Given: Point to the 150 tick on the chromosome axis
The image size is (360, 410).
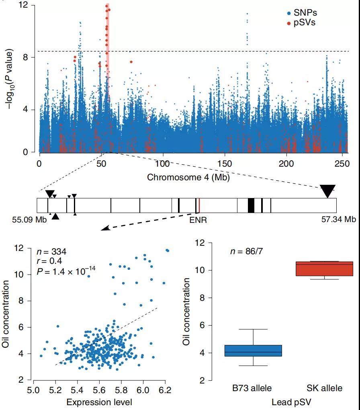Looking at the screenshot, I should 225,163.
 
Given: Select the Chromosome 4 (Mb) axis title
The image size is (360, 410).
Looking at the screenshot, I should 188,177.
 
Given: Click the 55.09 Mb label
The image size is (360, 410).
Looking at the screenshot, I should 29,219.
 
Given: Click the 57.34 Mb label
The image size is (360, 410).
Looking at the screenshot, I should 338,219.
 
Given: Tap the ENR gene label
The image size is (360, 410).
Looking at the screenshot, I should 198,220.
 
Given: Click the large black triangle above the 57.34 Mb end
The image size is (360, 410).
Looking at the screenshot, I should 328,191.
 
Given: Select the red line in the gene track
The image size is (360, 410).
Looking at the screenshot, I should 199,205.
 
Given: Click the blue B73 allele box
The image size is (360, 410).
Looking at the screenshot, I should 253,351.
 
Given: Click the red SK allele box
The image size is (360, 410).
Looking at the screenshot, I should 324,269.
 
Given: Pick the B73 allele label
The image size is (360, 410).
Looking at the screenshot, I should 252,388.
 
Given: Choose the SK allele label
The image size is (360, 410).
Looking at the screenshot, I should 324,388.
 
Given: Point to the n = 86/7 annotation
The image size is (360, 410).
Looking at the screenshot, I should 246,252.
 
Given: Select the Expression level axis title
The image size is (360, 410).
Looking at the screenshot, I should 99,402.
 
